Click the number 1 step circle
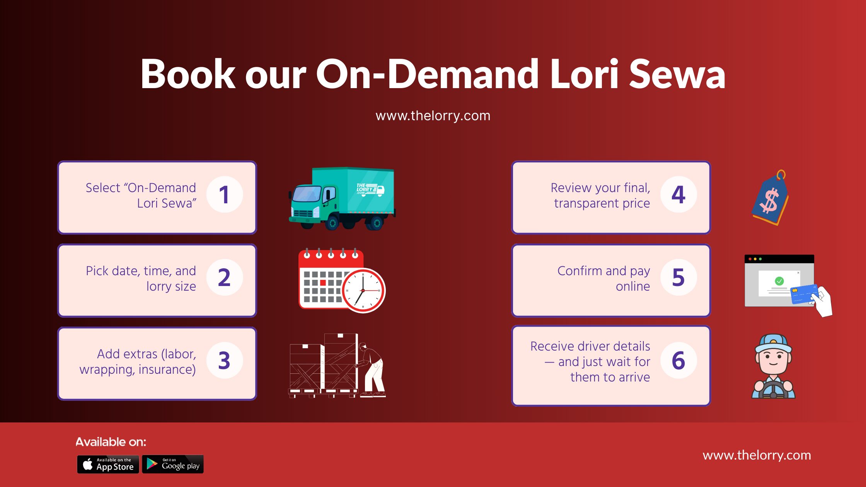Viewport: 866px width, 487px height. (225, 194)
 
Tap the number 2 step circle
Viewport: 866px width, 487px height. (225, 278)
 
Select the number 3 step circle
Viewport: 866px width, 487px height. (225, 361)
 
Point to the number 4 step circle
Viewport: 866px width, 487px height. (678, 194)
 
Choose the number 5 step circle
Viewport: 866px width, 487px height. (678, 278)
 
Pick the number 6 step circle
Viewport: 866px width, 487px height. (678, 361)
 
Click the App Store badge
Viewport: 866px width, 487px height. (108, 464)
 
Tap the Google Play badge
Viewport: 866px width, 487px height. (173, 464)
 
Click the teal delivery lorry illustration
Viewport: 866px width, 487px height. (342, 199)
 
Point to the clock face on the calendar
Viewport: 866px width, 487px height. (363, 290)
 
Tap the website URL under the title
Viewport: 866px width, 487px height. (433, 116)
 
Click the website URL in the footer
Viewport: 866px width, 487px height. (757, 455)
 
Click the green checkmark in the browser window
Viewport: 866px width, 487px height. (779, 281)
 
